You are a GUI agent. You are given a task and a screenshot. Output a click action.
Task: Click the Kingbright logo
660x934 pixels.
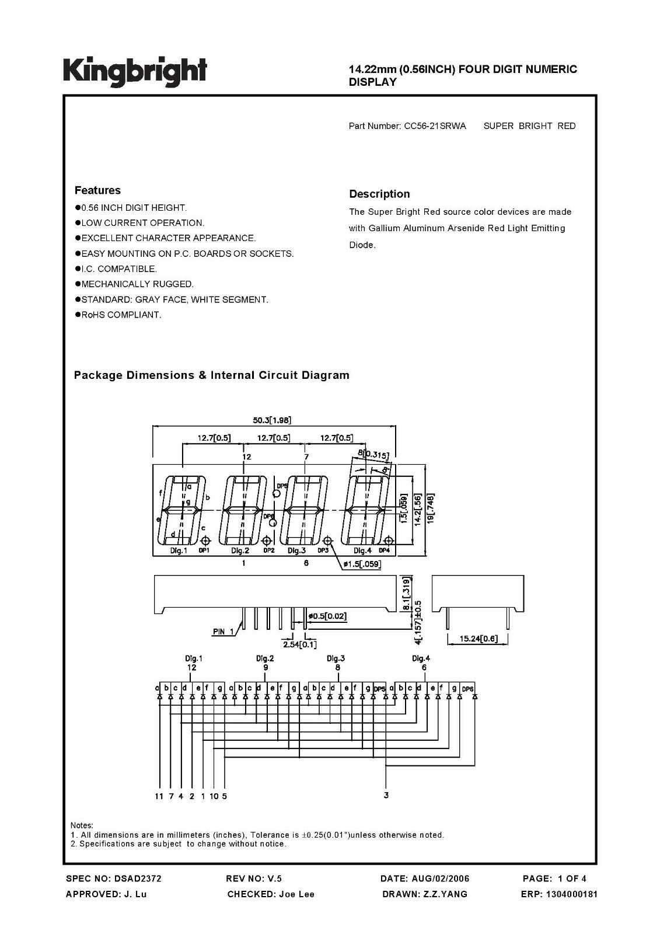(135, 72)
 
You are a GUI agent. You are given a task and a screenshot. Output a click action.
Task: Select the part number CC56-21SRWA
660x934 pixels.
(435, 126)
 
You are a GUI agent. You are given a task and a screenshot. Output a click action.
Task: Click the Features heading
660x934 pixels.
(97, 190)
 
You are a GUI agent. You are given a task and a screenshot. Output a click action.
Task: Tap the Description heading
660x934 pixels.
(379, 194)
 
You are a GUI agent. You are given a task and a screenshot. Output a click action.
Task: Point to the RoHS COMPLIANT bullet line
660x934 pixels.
(118, 315)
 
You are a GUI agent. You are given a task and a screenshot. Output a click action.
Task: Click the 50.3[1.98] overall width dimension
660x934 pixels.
(272, 420)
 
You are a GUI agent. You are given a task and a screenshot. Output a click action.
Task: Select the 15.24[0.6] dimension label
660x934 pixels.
(479, 639)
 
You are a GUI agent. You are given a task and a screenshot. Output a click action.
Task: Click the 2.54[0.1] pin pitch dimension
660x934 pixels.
(299, 644)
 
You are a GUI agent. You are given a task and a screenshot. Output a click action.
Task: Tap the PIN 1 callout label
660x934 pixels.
(223, 632)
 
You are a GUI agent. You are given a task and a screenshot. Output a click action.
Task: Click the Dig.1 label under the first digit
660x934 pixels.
(179, 551)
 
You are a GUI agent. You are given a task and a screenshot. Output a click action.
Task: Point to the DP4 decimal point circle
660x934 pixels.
(389, 541)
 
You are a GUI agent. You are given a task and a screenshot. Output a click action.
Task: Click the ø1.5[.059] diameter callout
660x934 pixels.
(362, 564)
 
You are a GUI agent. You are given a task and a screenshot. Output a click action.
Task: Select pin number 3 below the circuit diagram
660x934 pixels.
(386, 796)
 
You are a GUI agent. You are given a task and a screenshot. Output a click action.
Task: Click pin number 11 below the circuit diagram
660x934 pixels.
(159, 796)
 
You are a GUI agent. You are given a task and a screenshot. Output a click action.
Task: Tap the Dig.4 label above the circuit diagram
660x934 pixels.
(421, 658)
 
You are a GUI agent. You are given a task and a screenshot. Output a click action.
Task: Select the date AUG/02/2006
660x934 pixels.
(440, 879)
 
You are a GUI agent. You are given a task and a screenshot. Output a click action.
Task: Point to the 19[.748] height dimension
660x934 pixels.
(430, 508)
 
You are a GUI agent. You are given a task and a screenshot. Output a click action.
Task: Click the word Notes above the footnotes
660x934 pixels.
(82, 825)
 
